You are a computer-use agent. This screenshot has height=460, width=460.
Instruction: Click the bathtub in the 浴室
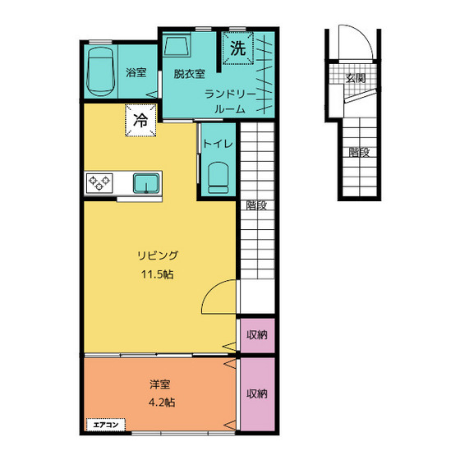pos(100,71)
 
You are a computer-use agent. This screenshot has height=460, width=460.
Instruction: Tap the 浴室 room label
pos(136,72)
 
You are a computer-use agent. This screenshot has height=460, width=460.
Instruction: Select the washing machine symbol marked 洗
pos(237,48)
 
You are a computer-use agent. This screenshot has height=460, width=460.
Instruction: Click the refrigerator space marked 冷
pos(140,120)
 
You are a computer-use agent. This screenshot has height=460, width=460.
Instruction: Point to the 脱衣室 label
pos(189,74)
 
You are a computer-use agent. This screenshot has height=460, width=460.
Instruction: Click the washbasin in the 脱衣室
pos(177,46)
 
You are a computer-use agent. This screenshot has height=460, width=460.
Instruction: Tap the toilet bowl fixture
pos(218,177)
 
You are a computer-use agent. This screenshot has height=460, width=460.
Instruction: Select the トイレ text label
pos(218,144)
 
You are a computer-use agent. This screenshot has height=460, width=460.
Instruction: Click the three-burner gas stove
pos(99,182)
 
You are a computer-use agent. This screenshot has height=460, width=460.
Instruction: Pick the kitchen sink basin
pos(146,183)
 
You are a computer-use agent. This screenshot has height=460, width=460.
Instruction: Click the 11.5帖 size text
pos(158,274)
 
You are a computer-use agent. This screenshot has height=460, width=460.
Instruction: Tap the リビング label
pos(158,255)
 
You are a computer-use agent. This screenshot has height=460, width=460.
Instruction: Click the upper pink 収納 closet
pos(257,335)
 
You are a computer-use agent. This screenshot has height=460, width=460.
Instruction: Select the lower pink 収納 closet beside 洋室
pos(257,394)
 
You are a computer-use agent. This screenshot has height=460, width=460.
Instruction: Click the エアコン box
pos(106,425)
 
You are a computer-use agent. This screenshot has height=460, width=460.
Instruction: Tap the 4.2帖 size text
pos(162,402)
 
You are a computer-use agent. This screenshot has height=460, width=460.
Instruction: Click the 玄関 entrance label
pos(355,78)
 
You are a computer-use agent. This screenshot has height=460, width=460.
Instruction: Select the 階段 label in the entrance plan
pos(359,152)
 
